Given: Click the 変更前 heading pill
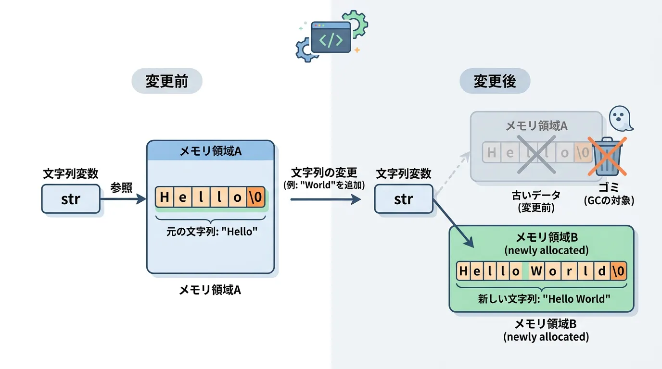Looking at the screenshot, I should tap(166, 82).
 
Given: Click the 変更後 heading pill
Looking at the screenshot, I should tap(495, 81).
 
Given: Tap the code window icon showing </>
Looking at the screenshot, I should tap(331, 37).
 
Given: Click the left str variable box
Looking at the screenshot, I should tap(71, 199).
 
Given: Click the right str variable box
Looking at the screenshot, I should tap(404, 199).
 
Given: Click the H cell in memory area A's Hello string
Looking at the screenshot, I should tap(165, 197).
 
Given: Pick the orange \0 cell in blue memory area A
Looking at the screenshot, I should tap(255, 197).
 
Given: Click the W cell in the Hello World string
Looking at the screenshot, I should tap(536, 271).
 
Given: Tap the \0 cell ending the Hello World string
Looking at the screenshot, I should tap(619, 271).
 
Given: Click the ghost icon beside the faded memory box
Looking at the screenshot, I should tap(620, 118).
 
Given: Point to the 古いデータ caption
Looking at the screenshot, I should tap(536, 195).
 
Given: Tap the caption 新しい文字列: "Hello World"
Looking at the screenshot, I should tap(544, 298).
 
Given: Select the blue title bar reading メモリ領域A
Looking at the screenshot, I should tap(210, 151).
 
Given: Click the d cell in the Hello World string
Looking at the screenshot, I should tap(601, 271).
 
